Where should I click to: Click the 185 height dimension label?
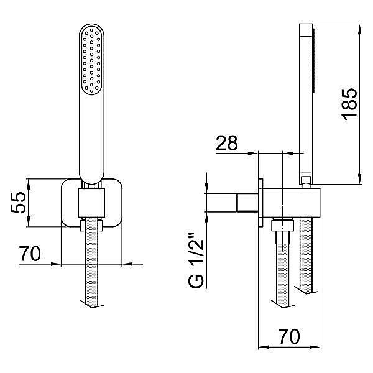(x=349, y=103)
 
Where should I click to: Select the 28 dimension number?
(x=226, y=143)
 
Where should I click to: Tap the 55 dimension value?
(x=18, y=203)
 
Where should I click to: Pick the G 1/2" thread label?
(x=196, y=260)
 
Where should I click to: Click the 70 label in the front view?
(x=30, y=254)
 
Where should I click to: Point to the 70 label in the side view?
(x=289, y=336)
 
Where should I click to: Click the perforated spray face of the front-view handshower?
(x=91, y=60)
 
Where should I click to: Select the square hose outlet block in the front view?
(x=91, y=203)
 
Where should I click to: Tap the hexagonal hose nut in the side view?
(x=282, y=226)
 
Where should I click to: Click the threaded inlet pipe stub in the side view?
(x=247, y=203)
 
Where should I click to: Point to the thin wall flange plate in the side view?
(x=260, y=203)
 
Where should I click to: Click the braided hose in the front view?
(x=91, y=262)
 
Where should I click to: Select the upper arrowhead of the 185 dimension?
(x=360, y=29)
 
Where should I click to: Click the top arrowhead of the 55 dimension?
(x=29, y=185)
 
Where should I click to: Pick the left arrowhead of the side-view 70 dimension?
(x=264, y=347)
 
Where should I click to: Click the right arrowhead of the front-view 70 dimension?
(x=127, y=264)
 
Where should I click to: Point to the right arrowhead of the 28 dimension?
(x=287, y=154)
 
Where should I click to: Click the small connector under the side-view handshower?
(x=305, y=182)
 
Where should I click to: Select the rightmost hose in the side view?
(x=306, y=254)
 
